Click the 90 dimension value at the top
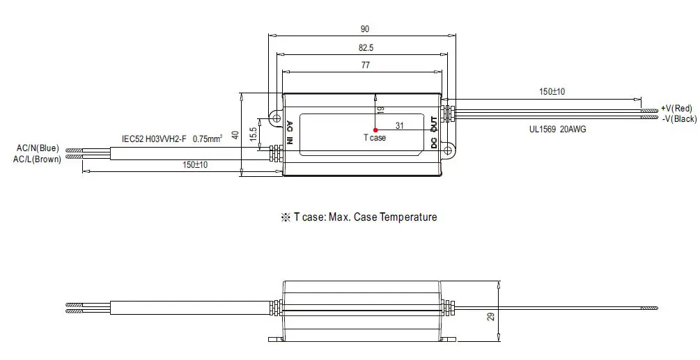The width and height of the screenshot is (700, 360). [364, 29]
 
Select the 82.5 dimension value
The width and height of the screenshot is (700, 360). [364, 47]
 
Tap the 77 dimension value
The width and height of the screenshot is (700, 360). [364, 65]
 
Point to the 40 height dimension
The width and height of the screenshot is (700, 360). [235, 134]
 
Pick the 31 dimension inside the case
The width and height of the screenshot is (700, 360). [399, 125]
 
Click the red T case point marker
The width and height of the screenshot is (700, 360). [375, 130]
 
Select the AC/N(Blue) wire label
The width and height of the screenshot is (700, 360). [38, 148]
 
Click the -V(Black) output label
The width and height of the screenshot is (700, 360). [677, 119]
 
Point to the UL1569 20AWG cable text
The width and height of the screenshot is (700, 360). [557, 130]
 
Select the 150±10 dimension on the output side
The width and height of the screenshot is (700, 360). [552, 91]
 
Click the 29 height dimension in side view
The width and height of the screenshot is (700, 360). [491, 317]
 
